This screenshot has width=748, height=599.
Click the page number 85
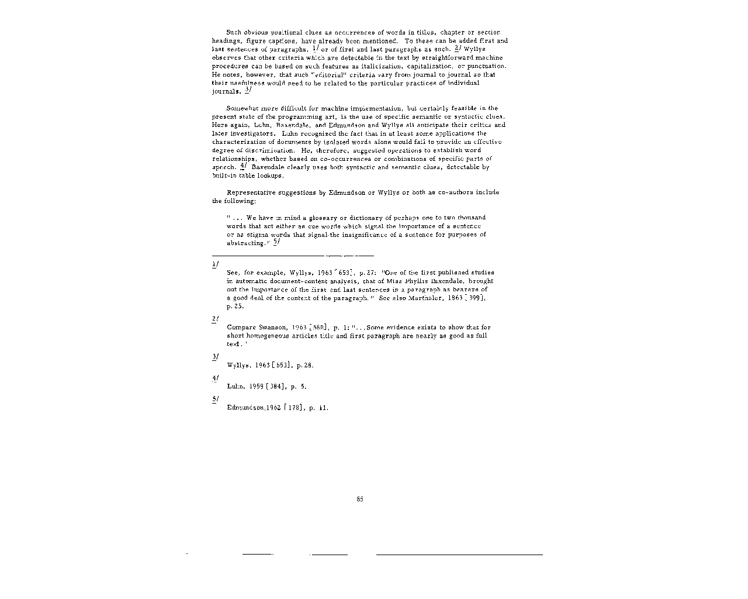pyautogui.click(x=360, y=499)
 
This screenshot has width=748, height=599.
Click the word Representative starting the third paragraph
pyautogui.click(x=252, y=192)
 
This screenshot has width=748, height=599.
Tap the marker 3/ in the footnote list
pyautogui.click(x=215, y=356)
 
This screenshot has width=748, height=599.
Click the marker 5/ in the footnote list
pyautogui.click(x=215, y=398)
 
